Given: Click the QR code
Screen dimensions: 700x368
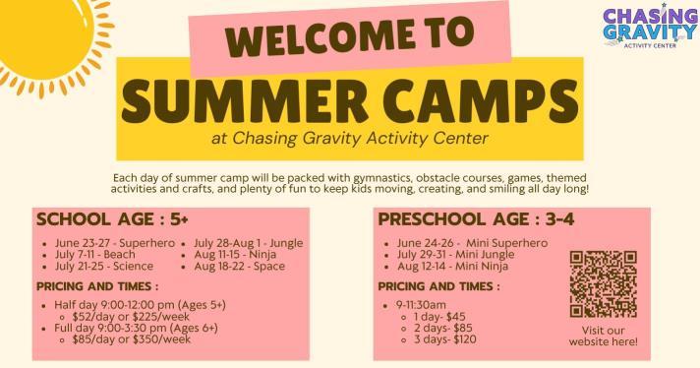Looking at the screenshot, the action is pyautogui.click(x=603, y=284).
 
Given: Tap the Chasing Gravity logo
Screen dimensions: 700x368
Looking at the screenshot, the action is pyautogui.click(x=650, y=26).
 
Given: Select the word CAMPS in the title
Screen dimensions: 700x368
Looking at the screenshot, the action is pyautogui.click(x=481, y=101).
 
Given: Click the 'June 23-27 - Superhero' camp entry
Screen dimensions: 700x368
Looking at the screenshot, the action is pyautogui.click(x=115, y=243).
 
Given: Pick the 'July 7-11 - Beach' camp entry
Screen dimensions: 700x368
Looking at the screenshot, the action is pyautogui.click(x=95, y=255).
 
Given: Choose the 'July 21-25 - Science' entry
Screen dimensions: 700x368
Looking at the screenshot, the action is pyautogui.click(x=104, y=267).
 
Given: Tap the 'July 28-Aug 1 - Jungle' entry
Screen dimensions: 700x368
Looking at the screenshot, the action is pyautogui.click(x=248, y=243).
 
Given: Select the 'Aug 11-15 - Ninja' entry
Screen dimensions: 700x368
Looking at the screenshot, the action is pyautogui.click(x=235, y=255).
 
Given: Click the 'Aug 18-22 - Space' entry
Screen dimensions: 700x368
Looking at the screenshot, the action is pyautogui.click(x=239, y=267).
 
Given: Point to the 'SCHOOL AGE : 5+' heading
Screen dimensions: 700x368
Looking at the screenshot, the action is pyautogui.click(x=112, y=219).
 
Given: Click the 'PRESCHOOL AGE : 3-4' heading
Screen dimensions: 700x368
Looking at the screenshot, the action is pyautogui.click(x=477, y=219).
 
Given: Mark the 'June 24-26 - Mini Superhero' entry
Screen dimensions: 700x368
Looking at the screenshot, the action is pyautogui.click(x=472, y=243).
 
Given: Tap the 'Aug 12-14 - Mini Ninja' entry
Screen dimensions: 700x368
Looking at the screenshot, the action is pyautogui.click(x=452, y=267).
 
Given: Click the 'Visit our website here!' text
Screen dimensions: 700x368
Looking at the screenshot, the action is pyautogui.click(x=603, y=337).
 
